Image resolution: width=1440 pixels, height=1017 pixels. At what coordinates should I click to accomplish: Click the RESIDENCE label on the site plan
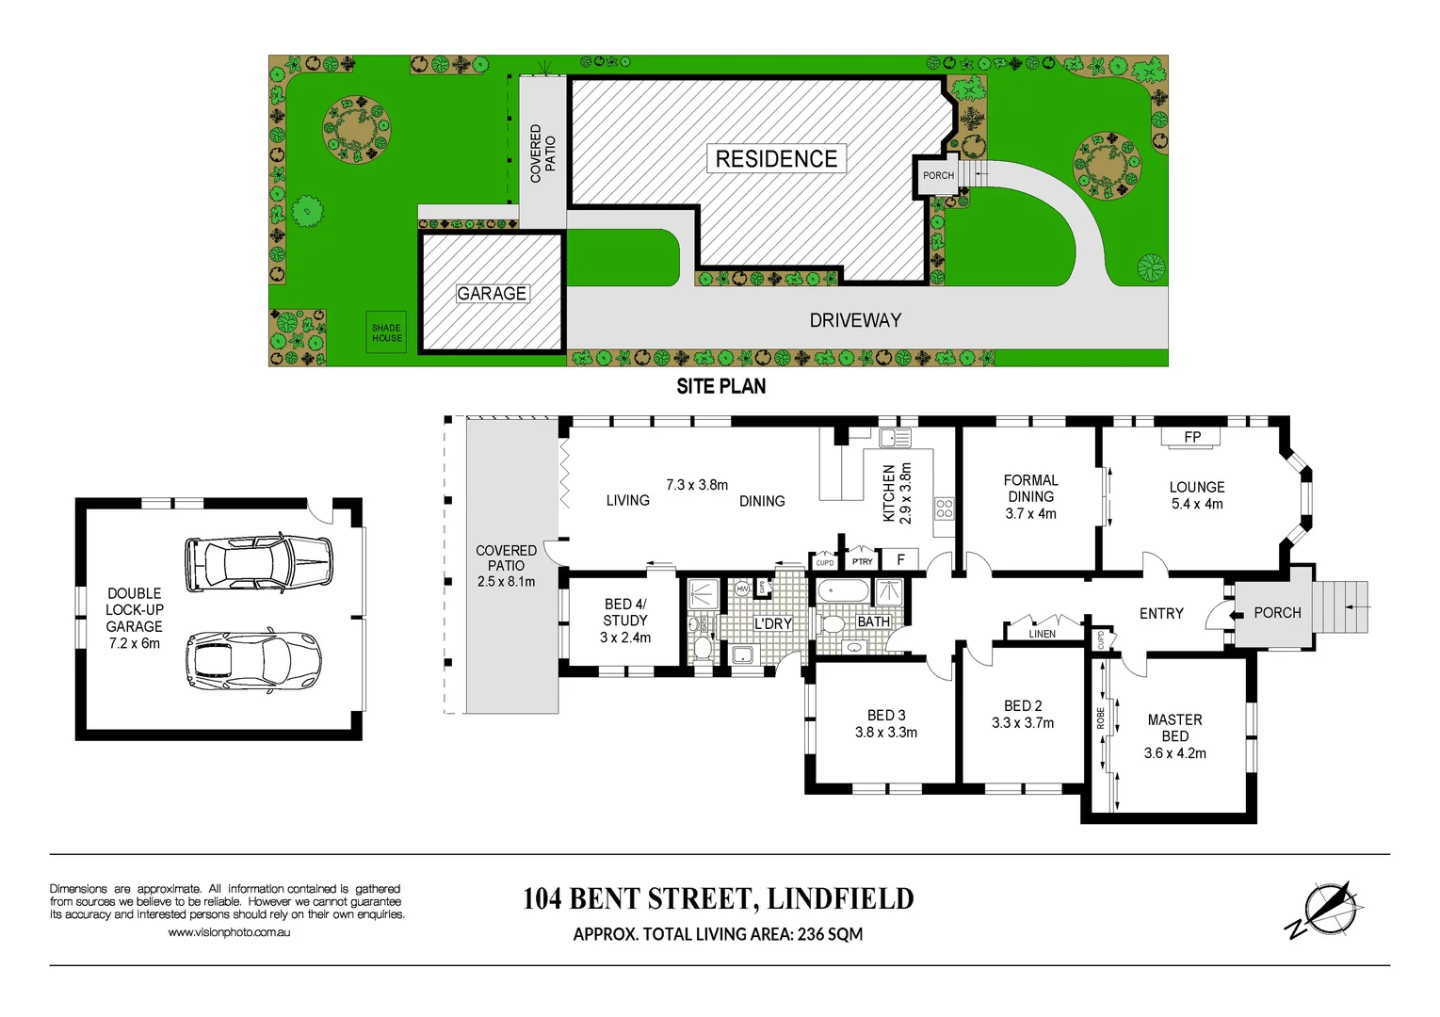point(776,159)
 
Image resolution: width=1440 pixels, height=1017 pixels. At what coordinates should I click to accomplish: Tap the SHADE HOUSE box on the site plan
point(386,333)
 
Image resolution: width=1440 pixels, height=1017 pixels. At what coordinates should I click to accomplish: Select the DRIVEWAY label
point(855,320)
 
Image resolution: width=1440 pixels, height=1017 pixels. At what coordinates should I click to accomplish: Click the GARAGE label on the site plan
point(492,294)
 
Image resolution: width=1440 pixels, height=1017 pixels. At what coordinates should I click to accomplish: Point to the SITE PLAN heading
point(720,386)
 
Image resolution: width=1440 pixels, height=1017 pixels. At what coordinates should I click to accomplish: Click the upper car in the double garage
point(259,562)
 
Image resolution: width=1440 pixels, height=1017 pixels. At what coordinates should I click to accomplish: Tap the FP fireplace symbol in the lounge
point(1191,437)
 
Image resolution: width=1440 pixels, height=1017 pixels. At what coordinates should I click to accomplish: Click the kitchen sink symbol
point(895,438)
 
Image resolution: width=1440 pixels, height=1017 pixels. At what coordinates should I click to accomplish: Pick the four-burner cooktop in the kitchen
point(944,509)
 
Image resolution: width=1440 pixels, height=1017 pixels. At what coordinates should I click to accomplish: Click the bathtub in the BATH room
point(843,591)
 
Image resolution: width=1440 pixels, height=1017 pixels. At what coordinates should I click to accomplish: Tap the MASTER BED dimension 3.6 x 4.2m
point(1174,753)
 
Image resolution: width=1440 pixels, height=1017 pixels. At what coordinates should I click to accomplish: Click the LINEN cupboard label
point(1042,634)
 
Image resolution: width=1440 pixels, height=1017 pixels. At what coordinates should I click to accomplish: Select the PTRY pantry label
point(862,561)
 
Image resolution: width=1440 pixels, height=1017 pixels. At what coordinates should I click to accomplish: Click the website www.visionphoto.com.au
point(229,932)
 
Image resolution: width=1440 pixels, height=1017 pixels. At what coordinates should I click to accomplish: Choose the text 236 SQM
point(830,934)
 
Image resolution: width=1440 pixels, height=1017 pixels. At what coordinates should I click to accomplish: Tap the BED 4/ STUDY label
point(625,612)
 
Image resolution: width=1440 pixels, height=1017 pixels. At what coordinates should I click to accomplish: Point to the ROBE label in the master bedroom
point(1100,718)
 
